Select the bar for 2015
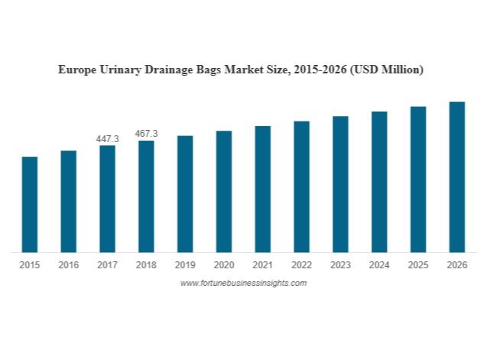tap(30, 204)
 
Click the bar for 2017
tap(107, 199)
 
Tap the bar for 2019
tap(185, 193)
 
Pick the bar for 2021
tap(262, 189)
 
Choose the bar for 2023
tap(340, 184)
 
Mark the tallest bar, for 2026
tap(456, 177)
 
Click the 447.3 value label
tap(107, 139)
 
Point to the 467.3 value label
tap(146, 134)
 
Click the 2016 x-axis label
tap(68, 265)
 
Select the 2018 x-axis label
tap(146, 265)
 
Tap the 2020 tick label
tap(224, 265)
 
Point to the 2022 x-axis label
tap(301, 265)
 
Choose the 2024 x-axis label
tap(379, 265)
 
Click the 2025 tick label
tap(418, 265)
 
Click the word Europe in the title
tap(76, 70)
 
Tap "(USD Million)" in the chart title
tap(386, 70)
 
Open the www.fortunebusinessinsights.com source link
tap(243, 283)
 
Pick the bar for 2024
tap(379, 181)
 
